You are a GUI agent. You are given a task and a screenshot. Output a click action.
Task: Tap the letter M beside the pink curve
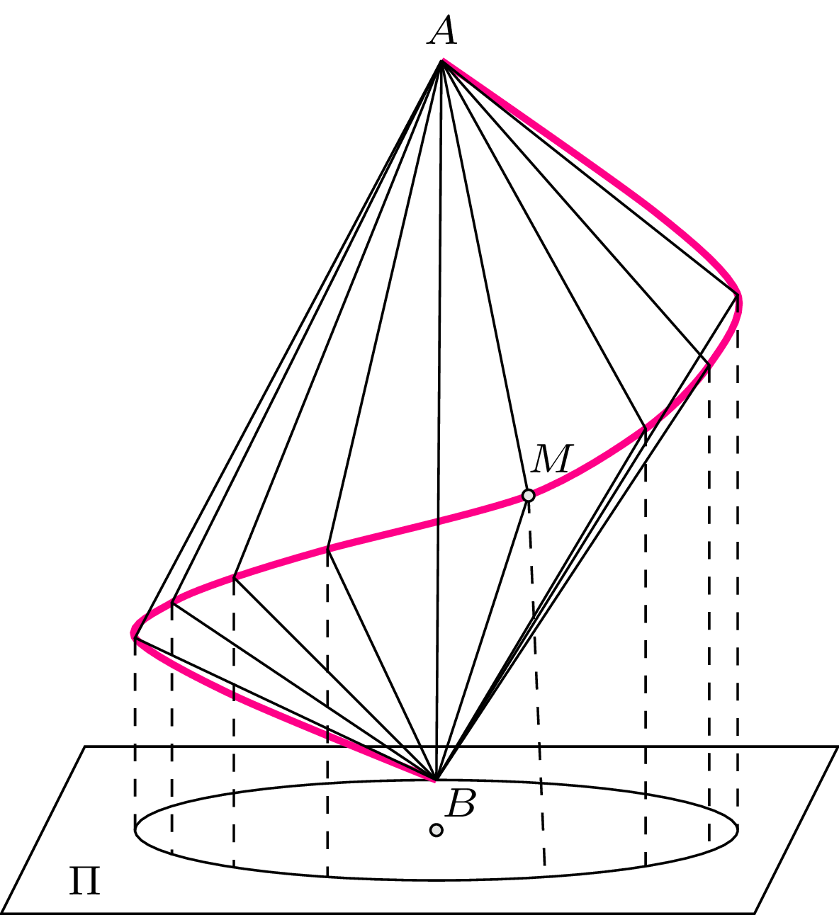[551, 459]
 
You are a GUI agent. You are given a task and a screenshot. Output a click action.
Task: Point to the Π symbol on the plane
[84, 881]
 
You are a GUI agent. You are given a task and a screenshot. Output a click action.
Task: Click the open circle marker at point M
[528, 495]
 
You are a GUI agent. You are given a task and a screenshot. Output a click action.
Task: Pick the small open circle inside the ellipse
[437, 830]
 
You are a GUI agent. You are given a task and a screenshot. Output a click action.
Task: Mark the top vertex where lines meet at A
[442, 62]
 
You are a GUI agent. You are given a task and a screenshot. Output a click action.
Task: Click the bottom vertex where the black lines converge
[435, 780]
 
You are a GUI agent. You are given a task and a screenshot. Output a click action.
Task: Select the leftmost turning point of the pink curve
[133, 632]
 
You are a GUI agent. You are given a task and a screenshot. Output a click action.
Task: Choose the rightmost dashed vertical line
[738, 567]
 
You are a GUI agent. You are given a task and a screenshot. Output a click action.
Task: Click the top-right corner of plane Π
[838, 746]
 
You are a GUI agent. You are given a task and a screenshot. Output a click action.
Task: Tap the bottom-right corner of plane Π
[754, 912]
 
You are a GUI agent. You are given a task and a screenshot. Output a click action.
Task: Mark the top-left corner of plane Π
[86, 746]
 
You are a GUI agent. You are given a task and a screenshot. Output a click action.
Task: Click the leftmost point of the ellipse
[135, 829]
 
